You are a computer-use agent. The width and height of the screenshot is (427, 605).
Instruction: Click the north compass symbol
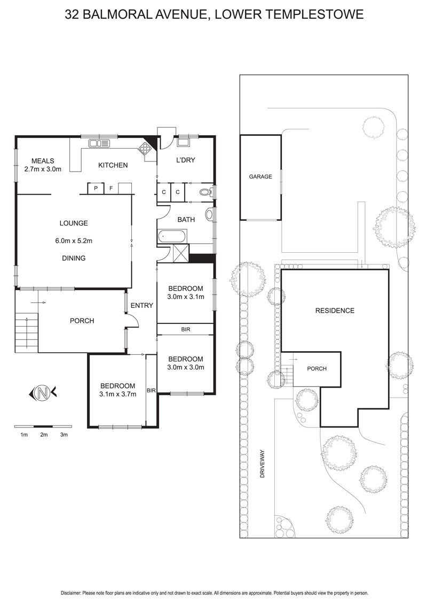pos(43,393)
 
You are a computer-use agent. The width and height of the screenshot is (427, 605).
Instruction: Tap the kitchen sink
pos(99,143)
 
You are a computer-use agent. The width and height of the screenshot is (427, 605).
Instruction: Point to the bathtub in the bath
pos(172,236)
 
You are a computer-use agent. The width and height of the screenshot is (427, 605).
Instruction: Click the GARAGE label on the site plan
pos(260,177)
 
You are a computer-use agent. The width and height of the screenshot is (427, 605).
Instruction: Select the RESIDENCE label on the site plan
pos(335,311)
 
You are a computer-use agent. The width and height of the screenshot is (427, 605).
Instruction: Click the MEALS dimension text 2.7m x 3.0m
pos(43,169)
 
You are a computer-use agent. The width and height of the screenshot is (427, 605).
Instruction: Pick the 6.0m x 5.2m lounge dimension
pos(74,241)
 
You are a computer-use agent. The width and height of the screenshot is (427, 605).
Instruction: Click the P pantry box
pos(96,188)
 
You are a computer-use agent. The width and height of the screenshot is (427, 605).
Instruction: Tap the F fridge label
pos(111,188)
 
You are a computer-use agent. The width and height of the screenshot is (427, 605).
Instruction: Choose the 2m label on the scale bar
pos(44,435)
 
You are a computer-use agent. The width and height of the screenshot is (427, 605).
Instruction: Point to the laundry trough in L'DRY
pos(183,142)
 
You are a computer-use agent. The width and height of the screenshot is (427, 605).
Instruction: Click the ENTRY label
pos(142,306)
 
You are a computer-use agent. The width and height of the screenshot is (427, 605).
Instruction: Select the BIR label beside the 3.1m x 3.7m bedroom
pos(151,391)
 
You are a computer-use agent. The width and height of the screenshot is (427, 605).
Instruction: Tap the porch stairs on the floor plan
pos(27,332)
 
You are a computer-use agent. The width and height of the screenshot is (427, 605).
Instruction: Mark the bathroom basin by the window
pos(210,214)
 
